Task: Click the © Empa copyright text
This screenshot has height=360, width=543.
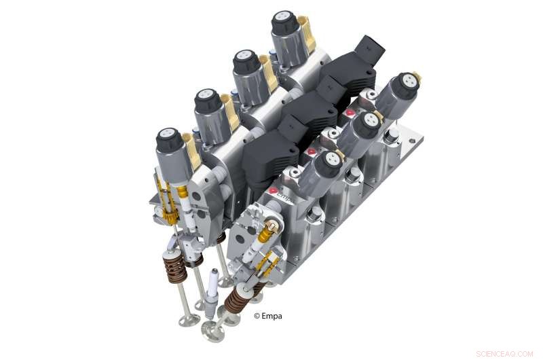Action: coord(269,315)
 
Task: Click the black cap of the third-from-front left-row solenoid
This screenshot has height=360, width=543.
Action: coord(246,62)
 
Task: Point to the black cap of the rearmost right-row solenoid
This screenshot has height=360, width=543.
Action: coord(406,84)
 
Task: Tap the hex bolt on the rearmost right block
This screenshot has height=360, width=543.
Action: coord(392,139)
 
